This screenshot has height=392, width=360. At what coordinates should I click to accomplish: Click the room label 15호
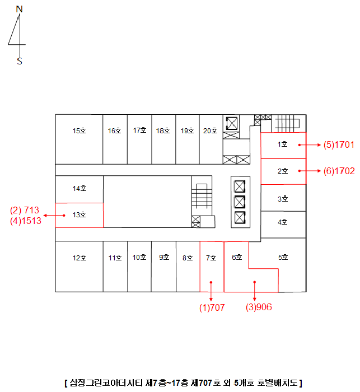(x=80, y=130)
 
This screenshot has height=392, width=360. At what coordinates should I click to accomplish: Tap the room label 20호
(x=211, y=130)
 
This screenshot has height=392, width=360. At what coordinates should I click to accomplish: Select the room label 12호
(x=80, y=258)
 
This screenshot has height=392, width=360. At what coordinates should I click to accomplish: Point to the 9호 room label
(x=164, y=257)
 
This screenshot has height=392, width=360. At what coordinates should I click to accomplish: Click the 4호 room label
(x=283, y=222)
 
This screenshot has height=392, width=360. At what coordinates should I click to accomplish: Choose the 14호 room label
(x=80, y=188)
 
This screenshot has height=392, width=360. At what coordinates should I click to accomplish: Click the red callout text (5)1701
(x=339, y=144)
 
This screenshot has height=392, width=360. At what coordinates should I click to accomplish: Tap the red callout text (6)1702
(x=339, y=171)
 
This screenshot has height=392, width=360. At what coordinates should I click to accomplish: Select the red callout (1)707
(x=212, y=307)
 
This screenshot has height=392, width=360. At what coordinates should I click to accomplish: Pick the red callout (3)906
(x=259, y=307)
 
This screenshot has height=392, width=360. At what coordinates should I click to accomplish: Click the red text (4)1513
(x=26, y=221)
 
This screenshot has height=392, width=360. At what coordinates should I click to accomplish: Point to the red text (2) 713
(x=25, y=210)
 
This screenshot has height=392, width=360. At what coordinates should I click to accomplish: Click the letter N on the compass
(x=19, y=9)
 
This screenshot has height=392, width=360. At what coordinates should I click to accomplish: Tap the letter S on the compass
(x=20, y=61)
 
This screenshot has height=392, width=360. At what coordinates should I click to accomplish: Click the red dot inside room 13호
(x=64, y=215)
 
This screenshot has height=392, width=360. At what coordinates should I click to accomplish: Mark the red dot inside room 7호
(x=211, y=282)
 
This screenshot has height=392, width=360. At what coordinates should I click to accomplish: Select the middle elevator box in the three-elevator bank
(x=240, y=202)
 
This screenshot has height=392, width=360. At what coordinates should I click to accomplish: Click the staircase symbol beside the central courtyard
(x=202, y=196)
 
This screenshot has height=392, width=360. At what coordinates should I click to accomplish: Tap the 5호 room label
(x=283, y=257)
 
